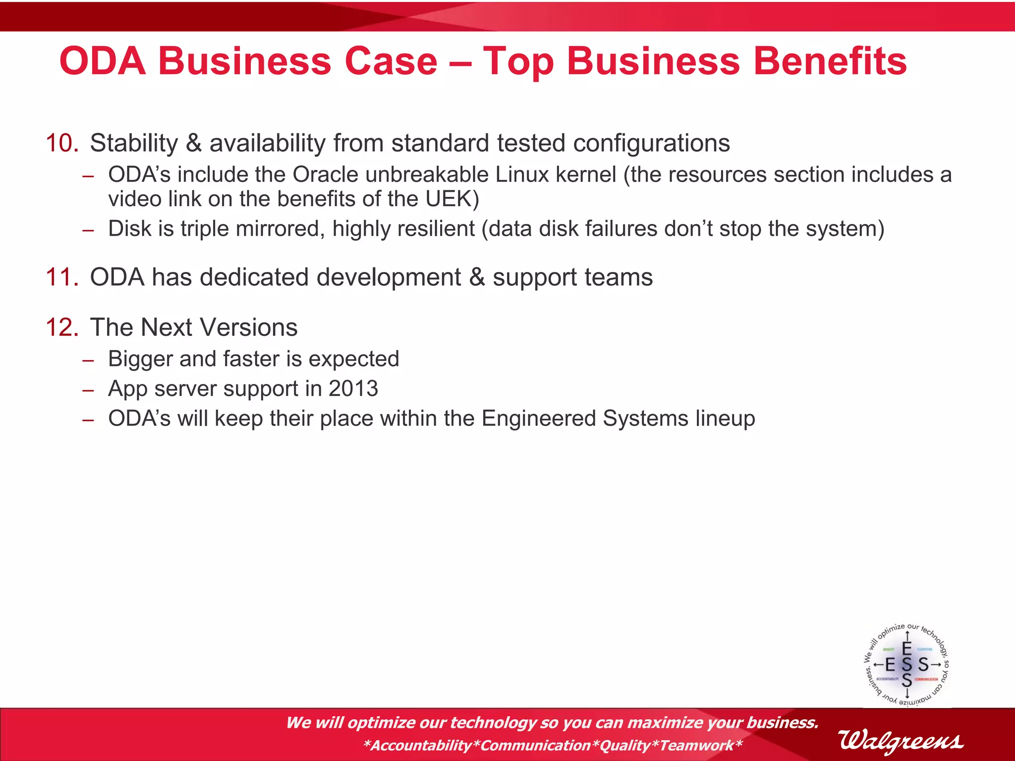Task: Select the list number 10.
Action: (62, 143)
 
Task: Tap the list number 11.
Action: (62, 277)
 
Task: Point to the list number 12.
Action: (62, 327)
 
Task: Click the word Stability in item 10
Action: (134, 143)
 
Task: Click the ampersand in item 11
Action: (477, 277)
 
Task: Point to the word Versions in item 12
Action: (248, 327)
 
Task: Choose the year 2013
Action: (353, 388)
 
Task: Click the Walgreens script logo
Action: (901, 741)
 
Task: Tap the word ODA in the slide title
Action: (103, 61)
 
